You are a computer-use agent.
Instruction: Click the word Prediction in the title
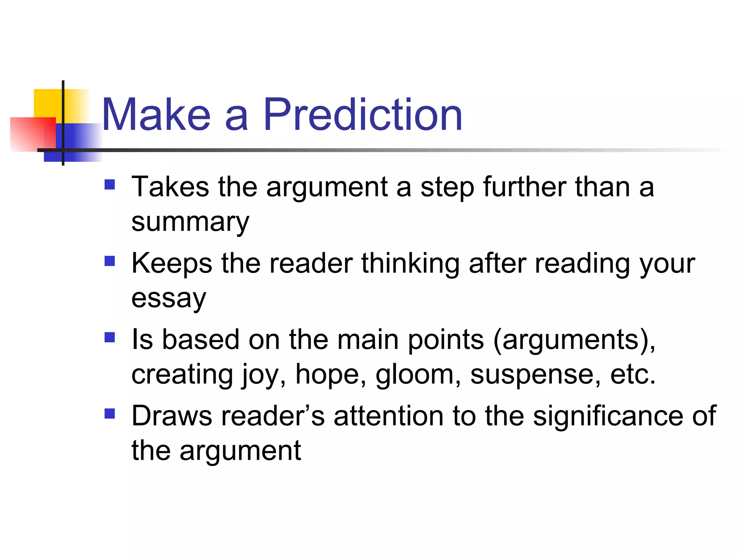(x=363, y=115)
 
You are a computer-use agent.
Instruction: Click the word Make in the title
(x=156, y=115)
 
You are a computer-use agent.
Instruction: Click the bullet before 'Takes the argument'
(x=109, y=185)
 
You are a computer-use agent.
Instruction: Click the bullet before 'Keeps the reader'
(x=109, y=261)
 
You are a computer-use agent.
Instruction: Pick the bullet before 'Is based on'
(x=109, y=337)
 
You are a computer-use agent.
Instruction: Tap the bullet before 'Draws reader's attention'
(x=109, y=413)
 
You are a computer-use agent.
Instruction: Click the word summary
(x=190, y=223)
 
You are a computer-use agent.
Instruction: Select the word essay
(x=168, y=299)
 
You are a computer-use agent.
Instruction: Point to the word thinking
(x=410, y=263)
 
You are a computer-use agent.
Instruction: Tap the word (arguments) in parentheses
(x=574, y=340)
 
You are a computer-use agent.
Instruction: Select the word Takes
(x=170, y=187)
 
